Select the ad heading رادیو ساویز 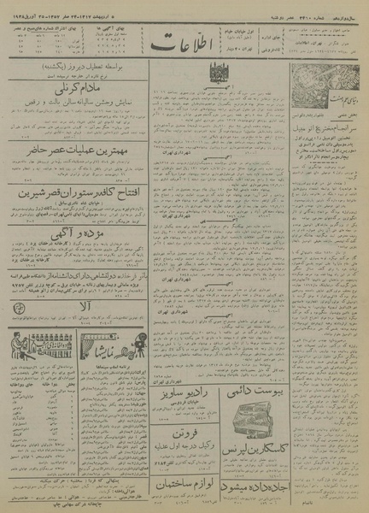[206, 395]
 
